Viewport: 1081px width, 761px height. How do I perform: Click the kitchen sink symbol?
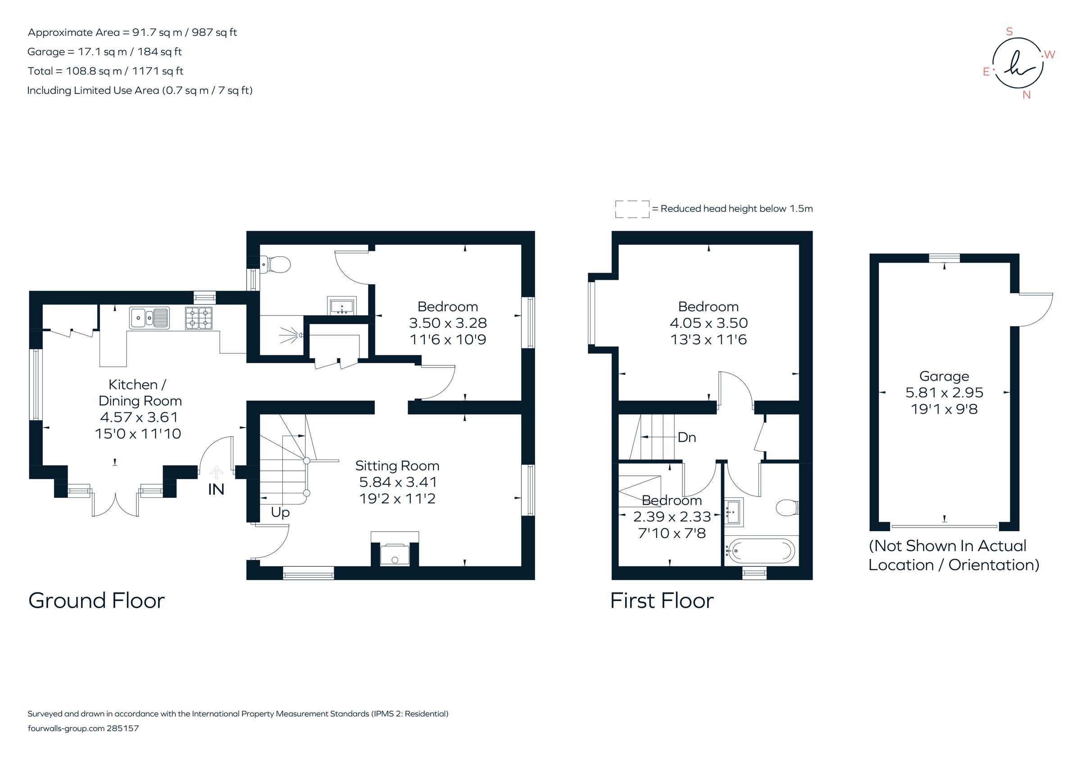(x=149, y=317)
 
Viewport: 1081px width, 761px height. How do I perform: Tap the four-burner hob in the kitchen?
(x=199, y=317)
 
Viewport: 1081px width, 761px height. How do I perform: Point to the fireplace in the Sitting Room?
(x=395, y=554)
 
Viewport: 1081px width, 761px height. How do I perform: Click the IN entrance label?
(x=216, y=490)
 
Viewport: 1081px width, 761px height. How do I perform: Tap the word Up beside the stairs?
(x=280, y=512)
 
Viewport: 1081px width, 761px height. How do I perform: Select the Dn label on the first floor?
(x=686, y=437)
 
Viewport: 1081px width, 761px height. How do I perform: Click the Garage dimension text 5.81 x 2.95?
(x=944, y=392)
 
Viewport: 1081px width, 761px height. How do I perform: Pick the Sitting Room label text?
(x=397, y=466)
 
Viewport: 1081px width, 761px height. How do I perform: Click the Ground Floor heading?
(x=96, y=601)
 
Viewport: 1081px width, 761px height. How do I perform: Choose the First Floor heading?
(x=662, y=601)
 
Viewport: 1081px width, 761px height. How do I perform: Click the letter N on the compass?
(x=1026, y=95)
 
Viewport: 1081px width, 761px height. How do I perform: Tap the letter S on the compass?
(x=1009, y=32)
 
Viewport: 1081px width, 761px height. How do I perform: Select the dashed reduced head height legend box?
(x=632, y=209)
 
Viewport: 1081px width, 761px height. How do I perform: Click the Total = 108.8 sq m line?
(x=105, y=71)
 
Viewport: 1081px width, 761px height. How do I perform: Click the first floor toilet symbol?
(x=787, y=508)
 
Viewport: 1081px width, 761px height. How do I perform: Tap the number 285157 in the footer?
(x=123, y=728)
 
